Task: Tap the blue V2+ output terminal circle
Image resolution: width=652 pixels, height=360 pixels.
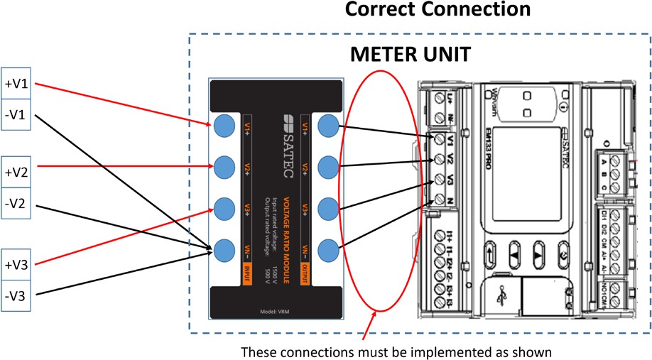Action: [327, 168]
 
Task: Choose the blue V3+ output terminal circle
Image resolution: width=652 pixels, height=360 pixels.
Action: [327, 209]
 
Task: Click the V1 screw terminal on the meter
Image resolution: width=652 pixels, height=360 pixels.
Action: [440, 139]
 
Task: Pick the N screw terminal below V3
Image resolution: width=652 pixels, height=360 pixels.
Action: [440, 200]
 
